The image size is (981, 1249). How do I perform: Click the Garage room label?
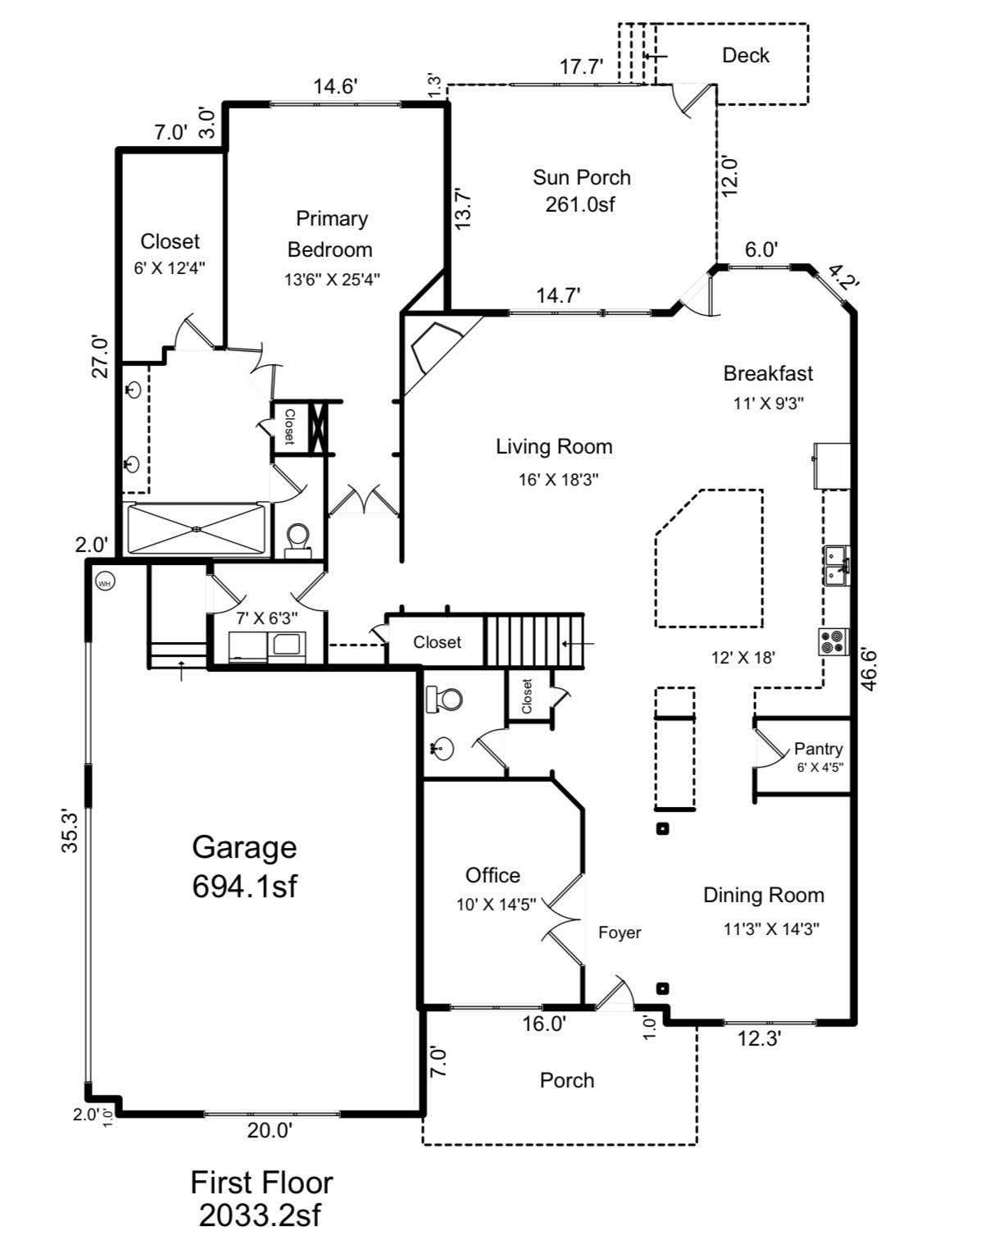(244, 846)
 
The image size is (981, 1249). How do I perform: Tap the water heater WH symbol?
(105, 582)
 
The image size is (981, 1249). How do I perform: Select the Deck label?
(745, 56)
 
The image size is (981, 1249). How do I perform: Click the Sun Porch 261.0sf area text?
(580, 204)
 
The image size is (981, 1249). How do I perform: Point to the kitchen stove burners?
(834, 641)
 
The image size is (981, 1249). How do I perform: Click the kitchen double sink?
(836, 565)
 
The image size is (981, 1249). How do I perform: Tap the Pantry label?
(818, 748)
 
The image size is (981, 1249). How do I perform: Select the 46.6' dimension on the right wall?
(869, 669)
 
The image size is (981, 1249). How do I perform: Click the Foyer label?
(620, 932)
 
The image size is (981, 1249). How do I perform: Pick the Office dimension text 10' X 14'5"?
(497, 905)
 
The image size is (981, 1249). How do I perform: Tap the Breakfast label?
(768, 374)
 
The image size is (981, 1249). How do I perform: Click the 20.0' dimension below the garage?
(270, 1131)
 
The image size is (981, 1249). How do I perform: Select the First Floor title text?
(261, 1183)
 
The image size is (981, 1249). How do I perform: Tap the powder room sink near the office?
(443, 748)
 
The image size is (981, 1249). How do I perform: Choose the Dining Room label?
(763, 895)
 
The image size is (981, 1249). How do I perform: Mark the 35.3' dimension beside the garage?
(70, 830)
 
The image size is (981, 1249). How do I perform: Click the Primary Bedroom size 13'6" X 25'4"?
(332, 280)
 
